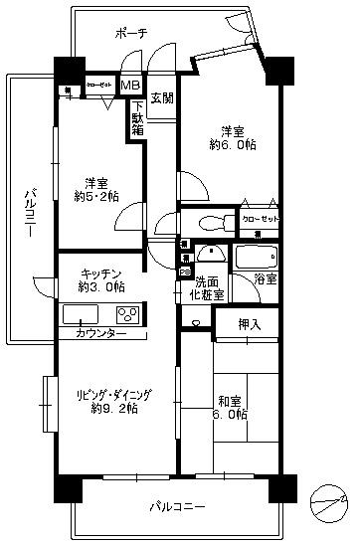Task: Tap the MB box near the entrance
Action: [x=130, y=87]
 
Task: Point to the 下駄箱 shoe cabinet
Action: [x=139, y=117]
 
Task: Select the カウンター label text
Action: [x=100, y=332]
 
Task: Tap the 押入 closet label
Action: [x=249, y=323]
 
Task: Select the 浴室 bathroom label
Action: [x=266, y=281]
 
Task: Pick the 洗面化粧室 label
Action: [x=208, y=288]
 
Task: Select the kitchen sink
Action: [x=78, y=315]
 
